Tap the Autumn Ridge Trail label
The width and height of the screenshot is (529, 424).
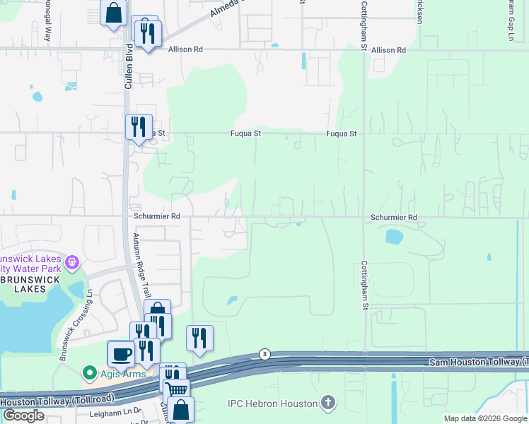142,265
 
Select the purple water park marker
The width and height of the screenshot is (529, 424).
71,263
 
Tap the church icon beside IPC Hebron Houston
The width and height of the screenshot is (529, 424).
327,404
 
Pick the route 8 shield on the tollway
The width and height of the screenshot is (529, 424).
264,353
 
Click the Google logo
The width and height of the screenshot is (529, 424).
23,415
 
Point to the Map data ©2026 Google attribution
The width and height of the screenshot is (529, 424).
485,418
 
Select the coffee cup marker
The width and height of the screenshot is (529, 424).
120,353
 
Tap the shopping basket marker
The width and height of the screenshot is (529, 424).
178,389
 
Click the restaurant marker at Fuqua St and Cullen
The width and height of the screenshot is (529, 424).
139,127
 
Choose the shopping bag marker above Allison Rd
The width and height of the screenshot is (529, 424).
113,13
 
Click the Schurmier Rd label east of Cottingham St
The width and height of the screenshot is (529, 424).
394,218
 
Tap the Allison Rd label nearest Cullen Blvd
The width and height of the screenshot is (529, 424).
185,49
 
